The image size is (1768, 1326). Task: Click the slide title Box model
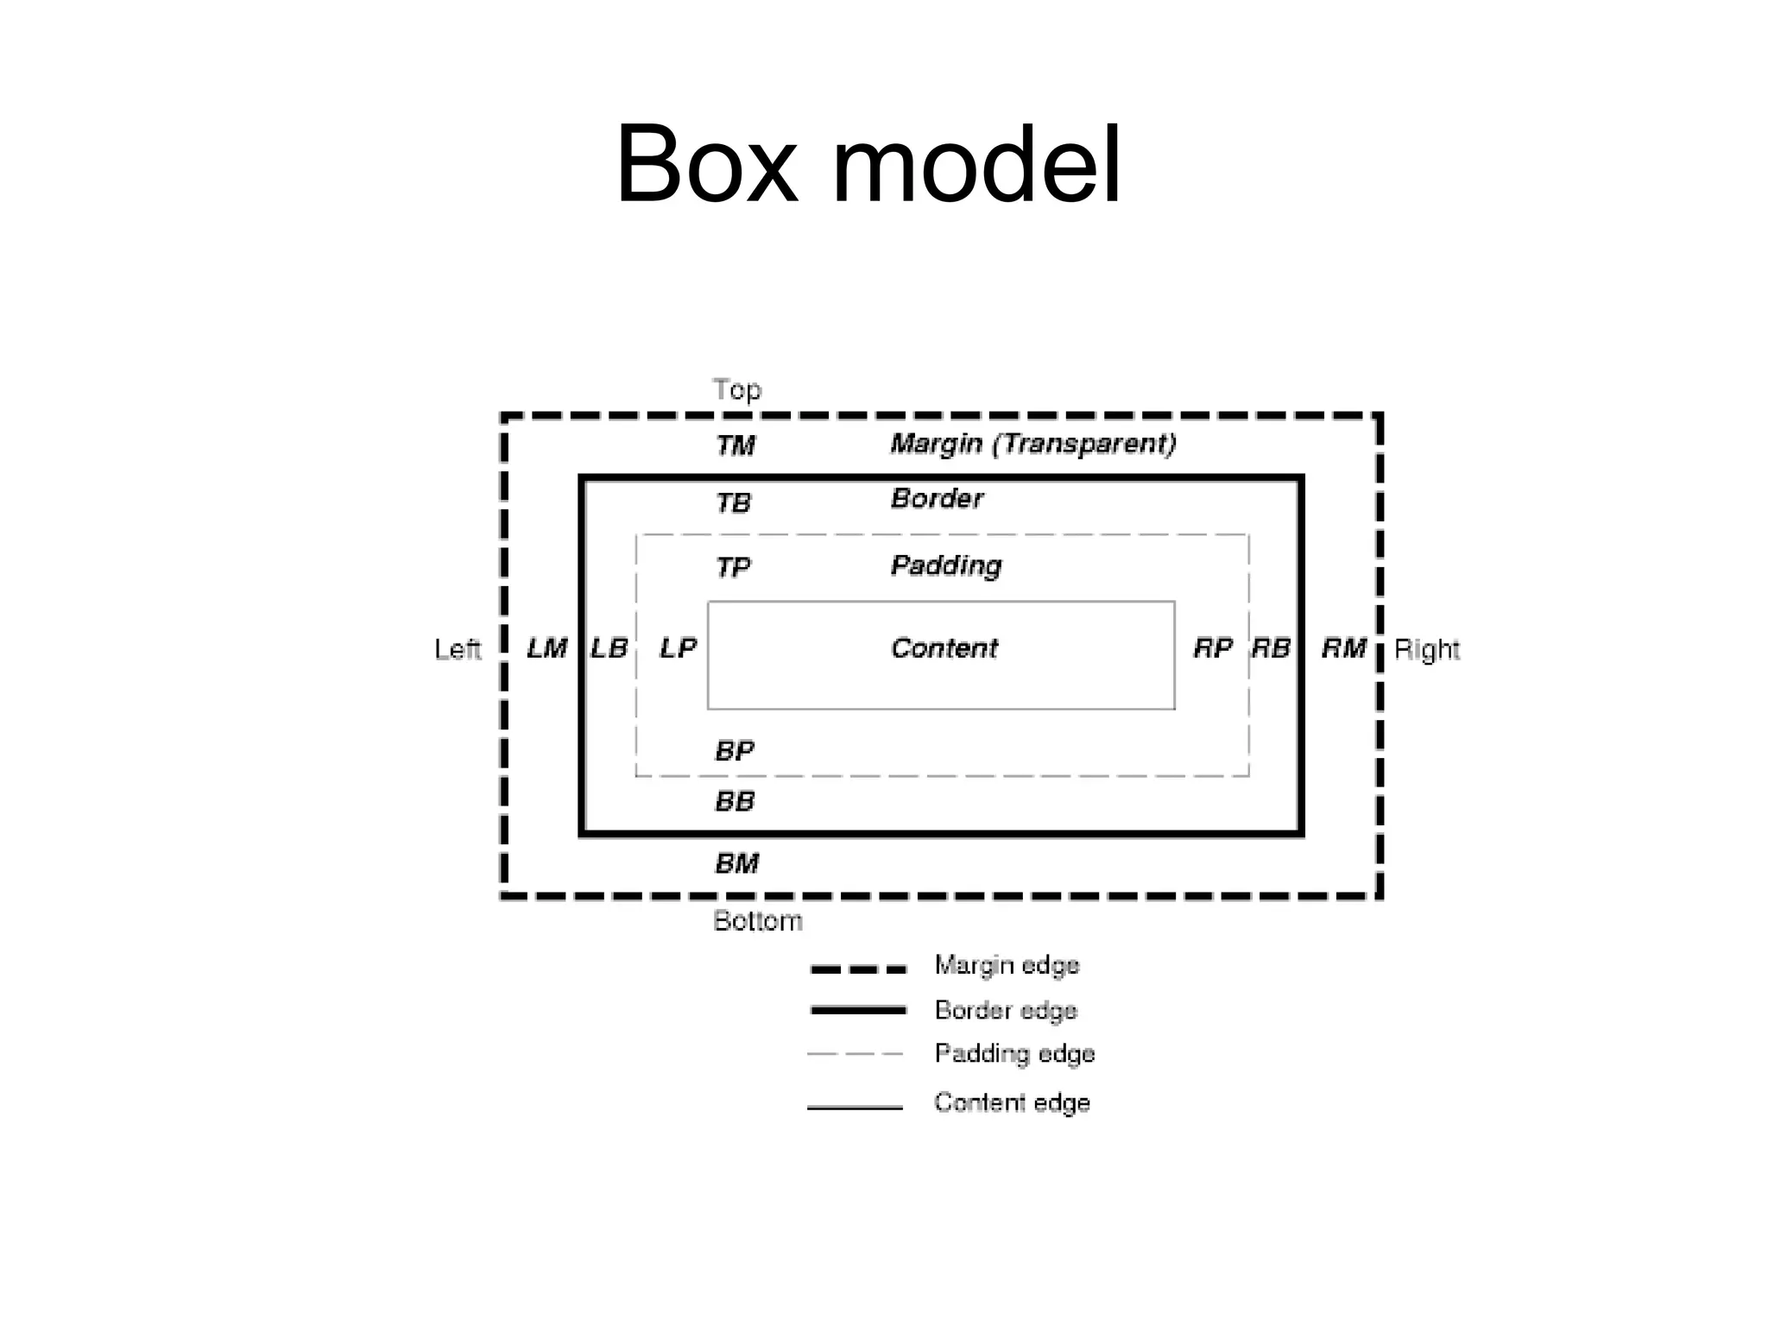click(x=868, y=165)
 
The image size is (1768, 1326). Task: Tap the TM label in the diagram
click(x=736, y=445)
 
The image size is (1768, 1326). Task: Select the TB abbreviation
click(x=734, y=502)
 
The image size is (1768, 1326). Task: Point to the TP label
click(x=733, y=567)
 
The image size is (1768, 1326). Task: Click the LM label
click(x=546, y=648)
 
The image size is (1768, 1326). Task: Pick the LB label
click(x=609, y=648)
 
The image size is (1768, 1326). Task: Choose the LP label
click(x=678, y=648)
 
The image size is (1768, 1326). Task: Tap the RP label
click(x=1212, y=648)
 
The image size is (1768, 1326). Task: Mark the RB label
click(x=1271, y=648)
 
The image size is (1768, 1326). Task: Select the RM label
click(x=1343, y=648)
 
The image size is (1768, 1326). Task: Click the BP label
click(x=735, y=751)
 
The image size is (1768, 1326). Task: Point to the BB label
click(x=735, y=802)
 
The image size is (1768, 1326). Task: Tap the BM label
click(x=737, y=863)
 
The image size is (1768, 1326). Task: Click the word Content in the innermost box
click(x=944, y=648)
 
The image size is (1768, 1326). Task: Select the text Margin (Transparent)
click(x=1033, y=444)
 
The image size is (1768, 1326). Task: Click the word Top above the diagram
click(x=736, y=390)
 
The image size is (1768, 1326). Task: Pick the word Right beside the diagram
click(x=1426, y=649)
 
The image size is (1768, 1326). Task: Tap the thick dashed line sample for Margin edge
click(x=858, y=969)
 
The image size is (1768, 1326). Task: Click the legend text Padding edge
click(x=1014, y=1054)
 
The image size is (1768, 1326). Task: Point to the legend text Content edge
click(x=1012, y=1102)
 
